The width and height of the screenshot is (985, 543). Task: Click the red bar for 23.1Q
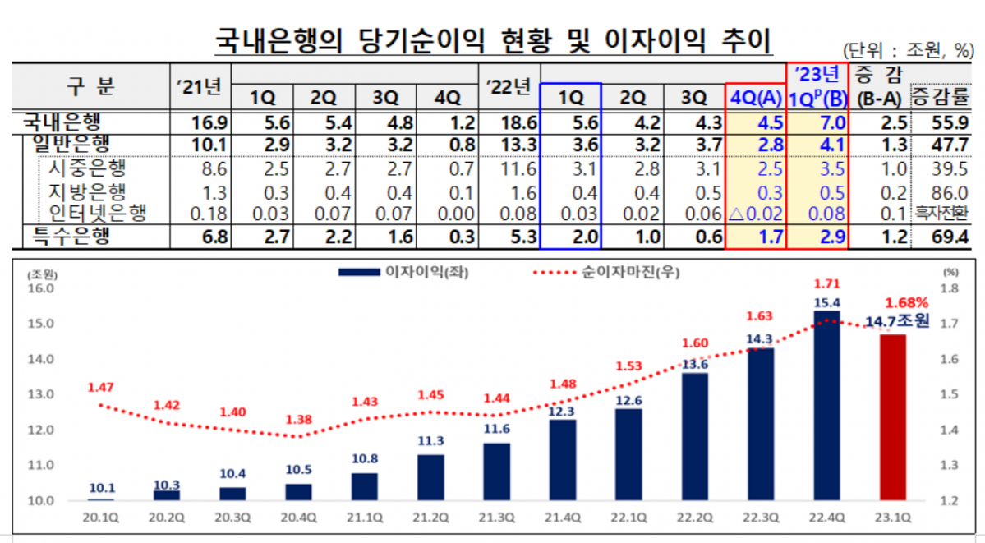point(892,417)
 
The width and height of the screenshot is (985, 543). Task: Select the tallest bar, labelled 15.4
point(826,406)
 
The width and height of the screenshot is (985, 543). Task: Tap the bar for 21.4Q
point(563,460)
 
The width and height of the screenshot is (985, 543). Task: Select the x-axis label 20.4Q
point(299,518)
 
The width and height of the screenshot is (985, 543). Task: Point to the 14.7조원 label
point(898,321)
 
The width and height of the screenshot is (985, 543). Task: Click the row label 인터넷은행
point(97,214)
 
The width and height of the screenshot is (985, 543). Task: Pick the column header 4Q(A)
point(756,98)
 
